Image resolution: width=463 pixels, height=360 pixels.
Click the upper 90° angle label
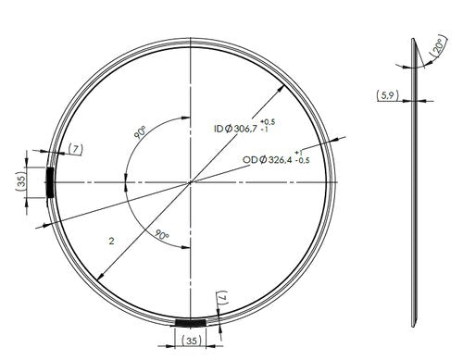tap(140, 133)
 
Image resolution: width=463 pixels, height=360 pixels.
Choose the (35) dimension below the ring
tap(192, 341)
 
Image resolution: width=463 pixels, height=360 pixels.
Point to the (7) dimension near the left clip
tap(75, 149)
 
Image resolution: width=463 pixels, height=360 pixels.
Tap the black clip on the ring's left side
tap(50, 181)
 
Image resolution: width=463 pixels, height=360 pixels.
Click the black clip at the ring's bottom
tap(191, 322)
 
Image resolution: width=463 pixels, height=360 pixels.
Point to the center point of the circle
tap(191, 181)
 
